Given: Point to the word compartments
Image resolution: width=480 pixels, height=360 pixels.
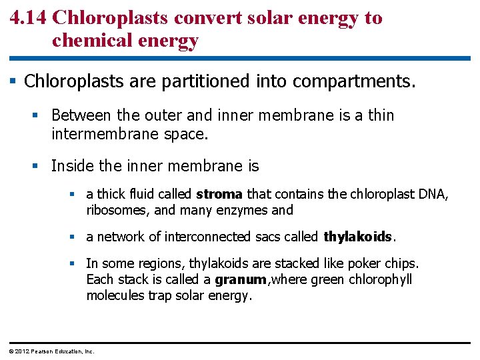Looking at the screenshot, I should (352, 82).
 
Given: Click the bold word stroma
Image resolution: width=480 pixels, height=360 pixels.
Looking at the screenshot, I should (219, 194).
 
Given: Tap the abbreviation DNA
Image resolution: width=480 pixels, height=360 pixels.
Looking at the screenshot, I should (434, 194).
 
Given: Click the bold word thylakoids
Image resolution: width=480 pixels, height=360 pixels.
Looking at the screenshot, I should (359, 237).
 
